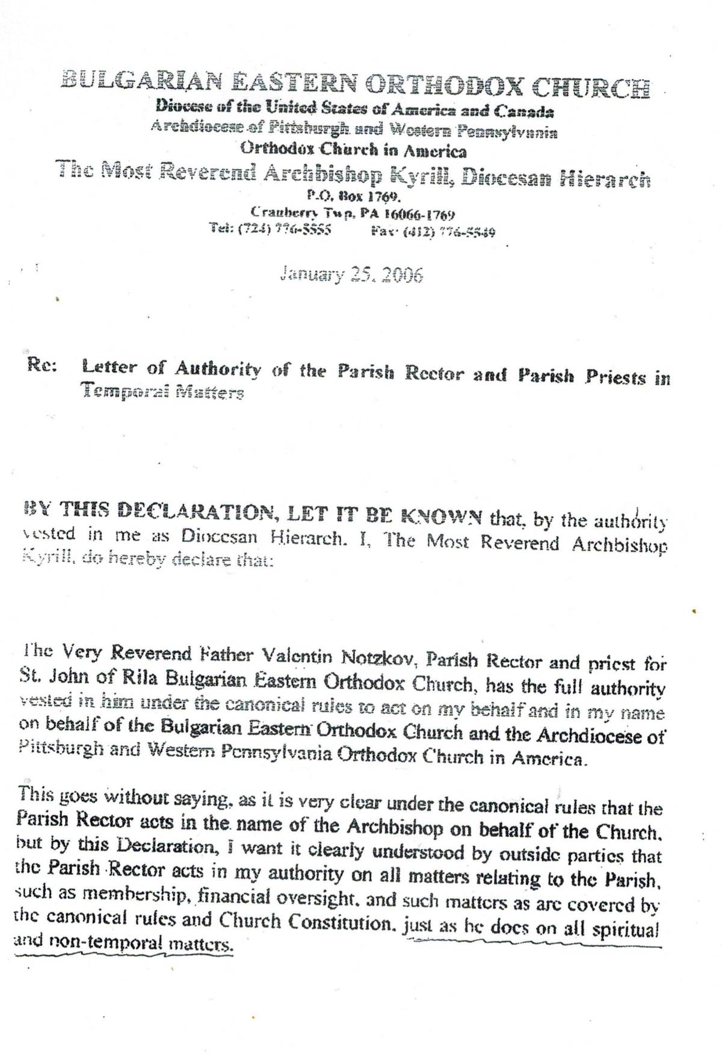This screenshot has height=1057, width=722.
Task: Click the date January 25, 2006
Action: (x=351, y=274)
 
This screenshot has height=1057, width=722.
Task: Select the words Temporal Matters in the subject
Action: (x=163, y=392)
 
